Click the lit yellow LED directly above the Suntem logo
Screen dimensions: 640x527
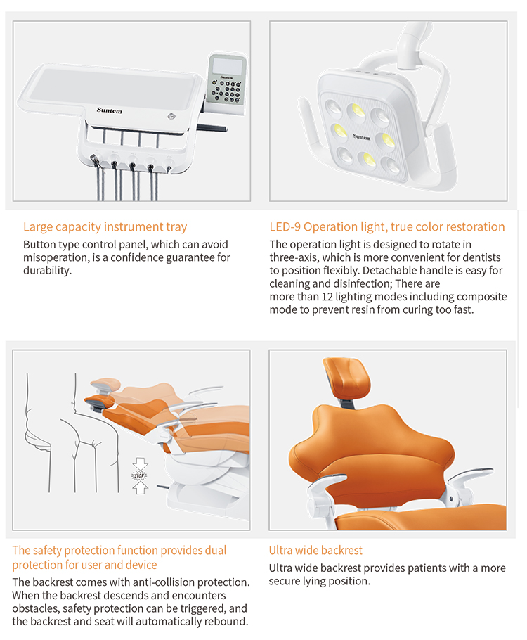pos(356,111)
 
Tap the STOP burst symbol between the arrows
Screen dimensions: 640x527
pos(139,476)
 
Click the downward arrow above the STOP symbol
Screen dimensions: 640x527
pos(139,463)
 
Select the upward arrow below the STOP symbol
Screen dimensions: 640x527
pos(139,489)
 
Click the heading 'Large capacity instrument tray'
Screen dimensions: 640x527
pos(105,226)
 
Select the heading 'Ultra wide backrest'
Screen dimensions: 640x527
pos(315,550)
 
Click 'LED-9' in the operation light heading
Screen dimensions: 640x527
pos(285,226)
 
